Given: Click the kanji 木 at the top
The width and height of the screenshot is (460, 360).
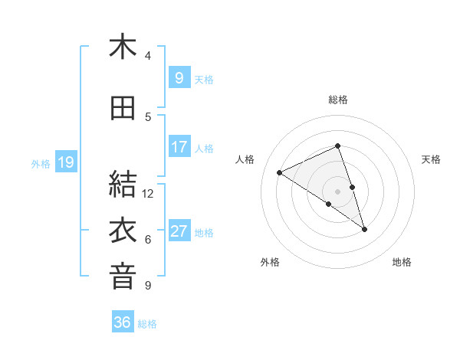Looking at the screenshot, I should point(123,47).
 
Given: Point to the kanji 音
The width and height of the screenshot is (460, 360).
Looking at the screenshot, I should point(123,277).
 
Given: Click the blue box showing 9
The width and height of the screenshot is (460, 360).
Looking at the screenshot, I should point(179,77).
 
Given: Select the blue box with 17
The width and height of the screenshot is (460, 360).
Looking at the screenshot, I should point(179,146).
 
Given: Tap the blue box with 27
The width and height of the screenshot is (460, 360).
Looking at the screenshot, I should point(179,231).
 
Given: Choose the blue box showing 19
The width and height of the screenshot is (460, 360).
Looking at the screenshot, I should point(65,162).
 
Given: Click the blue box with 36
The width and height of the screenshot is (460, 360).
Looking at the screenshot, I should point(123,322).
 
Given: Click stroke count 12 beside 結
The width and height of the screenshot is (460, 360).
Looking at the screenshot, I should point(148,194).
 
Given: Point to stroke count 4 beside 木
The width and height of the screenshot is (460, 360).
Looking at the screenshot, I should point(148,56).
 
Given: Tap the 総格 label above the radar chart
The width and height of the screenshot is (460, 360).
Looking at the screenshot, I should point(337,100).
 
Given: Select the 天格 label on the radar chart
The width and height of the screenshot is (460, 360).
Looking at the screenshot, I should point(432,159).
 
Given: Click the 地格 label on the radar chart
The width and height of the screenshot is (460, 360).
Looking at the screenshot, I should point(402,262).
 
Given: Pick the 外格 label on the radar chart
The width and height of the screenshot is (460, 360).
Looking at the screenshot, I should point(270,262).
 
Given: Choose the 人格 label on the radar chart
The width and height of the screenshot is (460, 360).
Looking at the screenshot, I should point(245,159).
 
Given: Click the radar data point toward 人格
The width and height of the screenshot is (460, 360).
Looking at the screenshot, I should point(280,172).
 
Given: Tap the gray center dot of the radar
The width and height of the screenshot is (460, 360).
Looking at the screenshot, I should point(337,191).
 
